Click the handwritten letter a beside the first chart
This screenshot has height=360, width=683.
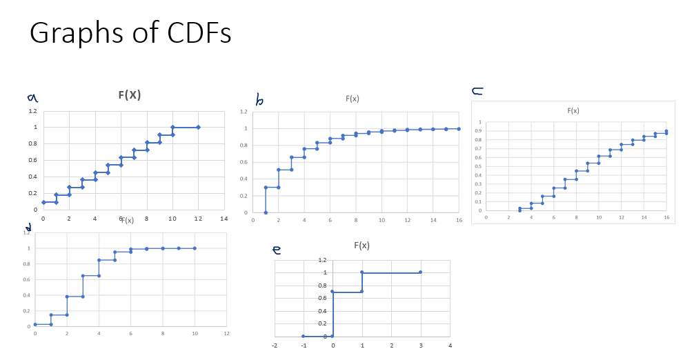[32, 99]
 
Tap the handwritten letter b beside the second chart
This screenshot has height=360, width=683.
[259, 101]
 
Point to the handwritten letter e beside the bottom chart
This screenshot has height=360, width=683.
[278, 250]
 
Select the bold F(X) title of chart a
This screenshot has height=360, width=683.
[129, 95]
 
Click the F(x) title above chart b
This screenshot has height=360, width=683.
[352, 99]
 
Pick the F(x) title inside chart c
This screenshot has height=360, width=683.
[573, 110]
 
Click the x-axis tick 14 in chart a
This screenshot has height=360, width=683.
[224, 219]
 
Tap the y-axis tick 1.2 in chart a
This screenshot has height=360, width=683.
[32, 111]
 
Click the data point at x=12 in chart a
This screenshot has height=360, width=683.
[198, 127]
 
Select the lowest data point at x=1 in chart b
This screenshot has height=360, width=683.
[266, 212]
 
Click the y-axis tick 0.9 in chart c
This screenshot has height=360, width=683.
[478, 131]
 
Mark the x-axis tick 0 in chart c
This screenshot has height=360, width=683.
[486, 218]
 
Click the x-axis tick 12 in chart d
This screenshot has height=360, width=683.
[226, 334]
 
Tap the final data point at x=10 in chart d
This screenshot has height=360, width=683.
[195, 248]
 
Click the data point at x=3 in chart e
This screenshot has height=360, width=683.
[420, 272]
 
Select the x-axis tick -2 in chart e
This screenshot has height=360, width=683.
[275, 345]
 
